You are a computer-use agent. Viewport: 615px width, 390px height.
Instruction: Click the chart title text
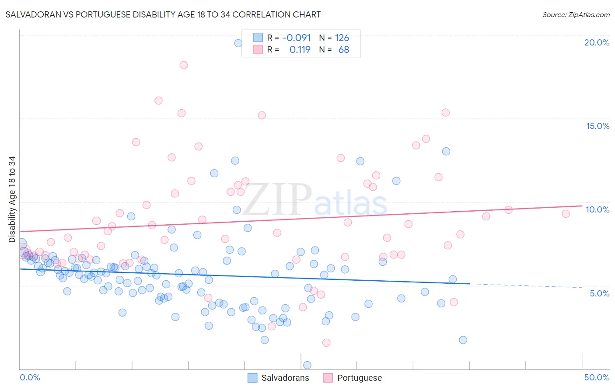click(x=163, y=14)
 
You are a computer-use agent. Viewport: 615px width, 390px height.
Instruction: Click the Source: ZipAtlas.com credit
click(x=576, y=14)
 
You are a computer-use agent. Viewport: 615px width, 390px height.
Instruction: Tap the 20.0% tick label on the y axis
click(x=597, y=42)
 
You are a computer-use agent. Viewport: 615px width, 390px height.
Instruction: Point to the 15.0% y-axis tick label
click(x=598, y=126)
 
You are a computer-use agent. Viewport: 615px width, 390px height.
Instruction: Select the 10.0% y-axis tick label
click(x=598, y=209)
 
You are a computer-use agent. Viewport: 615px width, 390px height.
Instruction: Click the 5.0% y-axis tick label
click(x=599, y=293)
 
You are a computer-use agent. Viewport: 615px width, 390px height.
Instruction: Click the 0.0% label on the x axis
click(x=30, y=377)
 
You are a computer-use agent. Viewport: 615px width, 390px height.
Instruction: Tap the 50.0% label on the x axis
click(x=597, y=377)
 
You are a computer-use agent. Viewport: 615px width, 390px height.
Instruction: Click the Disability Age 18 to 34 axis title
click(x=12, y=199)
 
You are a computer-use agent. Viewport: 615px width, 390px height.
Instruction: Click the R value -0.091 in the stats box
click(x=297, y=38)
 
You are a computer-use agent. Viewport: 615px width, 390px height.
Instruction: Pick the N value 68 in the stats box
click(x=344, y=49)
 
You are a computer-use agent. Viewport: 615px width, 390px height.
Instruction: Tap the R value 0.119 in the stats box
click(x=300, y=49)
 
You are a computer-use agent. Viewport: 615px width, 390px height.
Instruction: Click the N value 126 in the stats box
click(x=342, y=38)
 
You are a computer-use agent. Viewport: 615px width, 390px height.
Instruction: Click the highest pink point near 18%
click(x=184, y=65)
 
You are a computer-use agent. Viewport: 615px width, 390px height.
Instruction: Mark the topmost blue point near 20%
click(x=238, y=43)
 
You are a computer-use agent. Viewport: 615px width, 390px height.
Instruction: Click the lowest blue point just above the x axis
click(x=307, y=365)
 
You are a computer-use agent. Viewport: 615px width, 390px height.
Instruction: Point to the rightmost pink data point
click(x=566, y=214)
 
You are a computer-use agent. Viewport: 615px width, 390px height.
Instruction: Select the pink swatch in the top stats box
click(x=258, y=49)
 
